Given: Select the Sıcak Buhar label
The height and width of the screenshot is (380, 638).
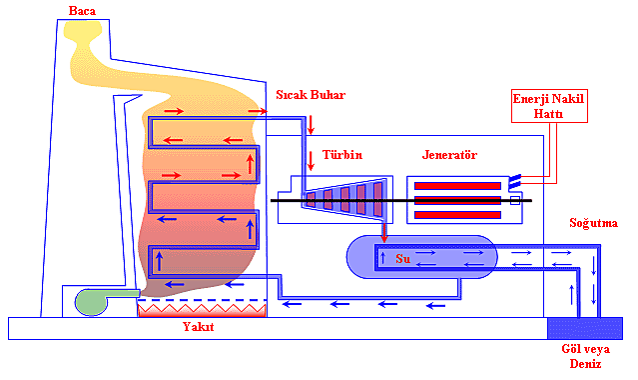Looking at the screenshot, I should coord(310,95).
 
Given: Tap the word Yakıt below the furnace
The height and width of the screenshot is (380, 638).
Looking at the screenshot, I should coord(198,328).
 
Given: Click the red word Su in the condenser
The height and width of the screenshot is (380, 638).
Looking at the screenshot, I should coord(403,258).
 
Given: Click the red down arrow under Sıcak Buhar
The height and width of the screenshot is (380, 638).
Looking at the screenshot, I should coord(311,124).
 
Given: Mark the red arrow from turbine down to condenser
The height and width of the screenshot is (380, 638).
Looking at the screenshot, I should coord(382,232).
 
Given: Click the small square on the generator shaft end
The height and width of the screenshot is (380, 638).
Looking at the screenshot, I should coord(515,201).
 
